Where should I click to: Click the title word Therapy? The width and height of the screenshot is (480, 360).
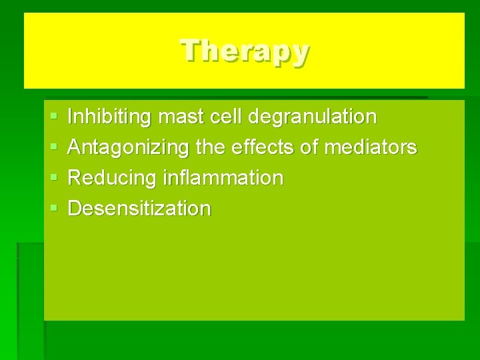245,51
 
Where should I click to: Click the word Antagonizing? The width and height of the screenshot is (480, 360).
125,148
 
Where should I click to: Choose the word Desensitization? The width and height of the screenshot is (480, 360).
139,209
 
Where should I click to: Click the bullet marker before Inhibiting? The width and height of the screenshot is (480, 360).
53,118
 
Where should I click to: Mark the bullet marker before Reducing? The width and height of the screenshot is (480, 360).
53,179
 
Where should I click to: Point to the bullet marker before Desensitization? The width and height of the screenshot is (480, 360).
53,209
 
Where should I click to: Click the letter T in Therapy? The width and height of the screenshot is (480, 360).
191,50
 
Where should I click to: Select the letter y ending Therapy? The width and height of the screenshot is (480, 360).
300,53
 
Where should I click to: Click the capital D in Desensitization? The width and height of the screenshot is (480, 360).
75,209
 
